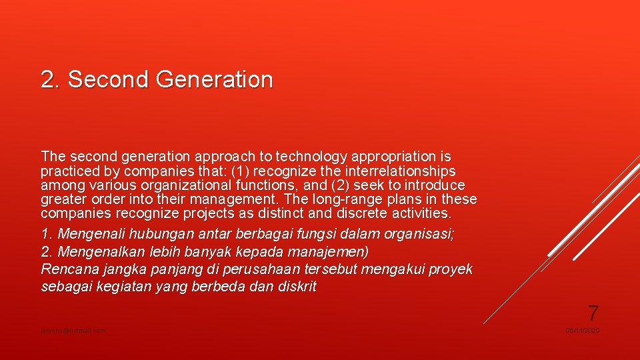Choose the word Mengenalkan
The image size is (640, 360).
click(98, 252)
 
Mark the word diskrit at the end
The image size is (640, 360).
click(297, 287)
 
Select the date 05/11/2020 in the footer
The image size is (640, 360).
click(583, 331)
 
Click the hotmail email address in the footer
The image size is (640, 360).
click(73, 331)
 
